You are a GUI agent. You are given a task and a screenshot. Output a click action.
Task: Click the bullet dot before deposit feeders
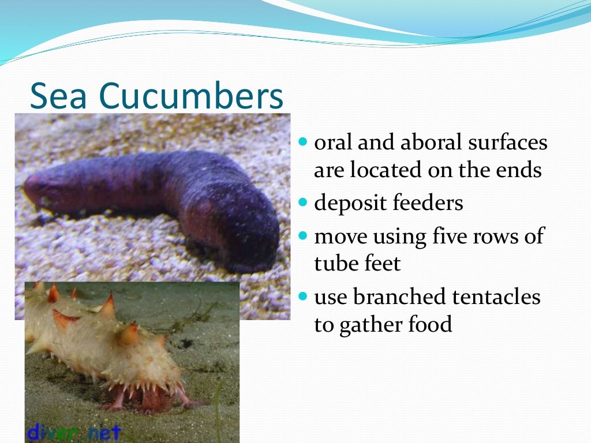(x=304, y=204)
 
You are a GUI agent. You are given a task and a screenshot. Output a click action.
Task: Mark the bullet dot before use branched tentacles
(x=304, y=297)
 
